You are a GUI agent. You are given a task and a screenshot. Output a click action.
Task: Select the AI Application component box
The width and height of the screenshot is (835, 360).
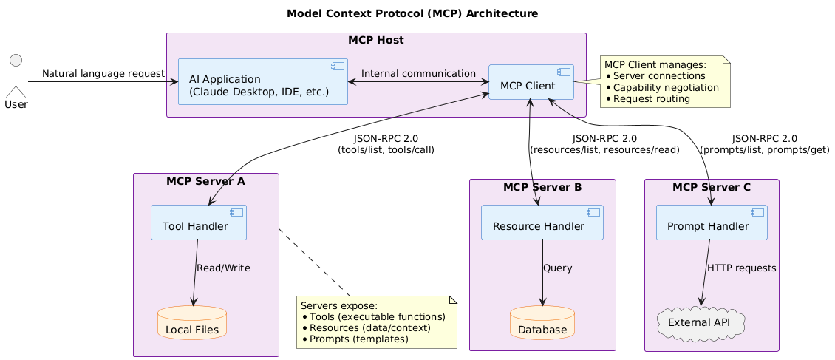pyautogui.click(x=263, y=81)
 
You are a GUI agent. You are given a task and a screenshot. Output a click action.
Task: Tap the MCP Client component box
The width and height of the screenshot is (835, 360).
pyautogui.click(x=531, y=82)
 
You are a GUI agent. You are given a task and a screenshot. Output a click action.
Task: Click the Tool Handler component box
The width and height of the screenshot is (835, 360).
pyautogui.click(x=198, y=223)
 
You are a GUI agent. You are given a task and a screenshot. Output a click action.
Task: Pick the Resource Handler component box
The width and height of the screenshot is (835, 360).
pyautogui.click(x=542, y=223)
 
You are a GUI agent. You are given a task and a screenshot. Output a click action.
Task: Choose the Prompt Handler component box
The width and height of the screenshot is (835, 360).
pyautogui.click(x=712, y=223)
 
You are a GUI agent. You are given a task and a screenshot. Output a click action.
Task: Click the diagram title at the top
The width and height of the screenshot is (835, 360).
pyautogui.click(x=412, y=14)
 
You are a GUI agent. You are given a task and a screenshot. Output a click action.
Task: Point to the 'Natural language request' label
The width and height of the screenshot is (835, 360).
pyautogui.click(x=103, y=73)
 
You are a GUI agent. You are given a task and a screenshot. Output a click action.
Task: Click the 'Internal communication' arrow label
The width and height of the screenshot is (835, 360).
pyautogui.click(x=418, y=73)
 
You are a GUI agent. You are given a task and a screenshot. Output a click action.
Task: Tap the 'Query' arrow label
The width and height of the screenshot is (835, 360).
pyautogui.click(x=557, y=268)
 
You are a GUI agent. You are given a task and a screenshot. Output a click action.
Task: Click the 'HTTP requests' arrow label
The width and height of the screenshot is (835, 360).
pyautogui.click(x=741, y=268)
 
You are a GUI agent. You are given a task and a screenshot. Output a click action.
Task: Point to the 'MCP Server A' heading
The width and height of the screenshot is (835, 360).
pyautogui.click(x=205, y=181)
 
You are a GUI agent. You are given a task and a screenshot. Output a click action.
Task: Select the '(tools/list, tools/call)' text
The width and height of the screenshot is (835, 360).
pyautogui.click(x=385, y=149)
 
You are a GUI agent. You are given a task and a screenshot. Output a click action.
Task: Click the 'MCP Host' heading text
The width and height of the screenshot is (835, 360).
pyautogui.click(x=376, y=40)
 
